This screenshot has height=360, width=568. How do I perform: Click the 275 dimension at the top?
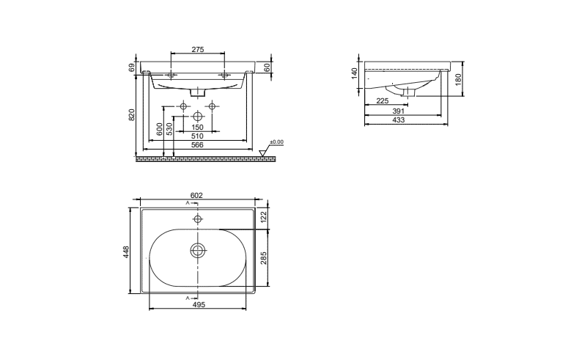click(x=197, y=49)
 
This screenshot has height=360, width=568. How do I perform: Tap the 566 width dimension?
click(x=197, y=145)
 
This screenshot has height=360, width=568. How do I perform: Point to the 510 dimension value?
click(x=197, y=136)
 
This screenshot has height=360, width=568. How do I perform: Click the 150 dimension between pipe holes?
click(x=197, y=127)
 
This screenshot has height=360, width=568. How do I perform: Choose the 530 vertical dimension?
click(x=169, y=128)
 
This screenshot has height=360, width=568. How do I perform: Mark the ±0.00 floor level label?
click(x=278, y=142)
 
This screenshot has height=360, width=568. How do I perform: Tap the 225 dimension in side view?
click(x=383, y=101)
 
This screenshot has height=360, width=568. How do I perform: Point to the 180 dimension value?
click(x=458, y=79)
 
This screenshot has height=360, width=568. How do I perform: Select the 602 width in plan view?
click(x=196, y=195)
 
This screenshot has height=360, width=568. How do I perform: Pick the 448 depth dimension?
click(x=126, y=251)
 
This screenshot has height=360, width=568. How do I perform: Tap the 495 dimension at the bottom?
click(x=197, y=304)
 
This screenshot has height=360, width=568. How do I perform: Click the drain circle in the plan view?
click(x=197, y=251)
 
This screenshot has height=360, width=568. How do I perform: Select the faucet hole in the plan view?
click(x=197, y=219)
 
